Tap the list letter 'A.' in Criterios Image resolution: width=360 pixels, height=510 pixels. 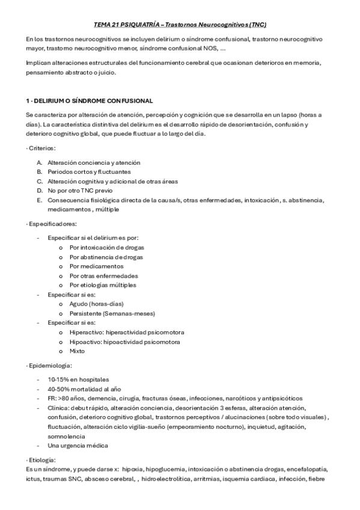pos(39,162)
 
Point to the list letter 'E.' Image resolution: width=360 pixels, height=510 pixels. pos(39,200)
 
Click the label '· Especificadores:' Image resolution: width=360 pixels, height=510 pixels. pos(52,224)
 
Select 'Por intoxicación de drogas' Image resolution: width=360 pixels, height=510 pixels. pos(106,247)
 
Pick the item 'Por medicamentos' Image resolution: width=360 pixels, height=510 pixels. pos(96,266)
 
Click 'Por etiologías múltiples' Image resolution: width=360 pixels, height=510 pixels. pos(103,284)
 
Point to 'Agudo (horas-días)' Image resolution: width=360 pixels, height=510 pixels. pos(97,304)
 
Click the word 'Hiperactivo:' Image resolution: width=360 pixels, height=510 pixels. pos(86,332)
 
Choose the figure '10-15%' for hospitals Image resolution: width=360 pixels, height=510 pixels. pos(58,379)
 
